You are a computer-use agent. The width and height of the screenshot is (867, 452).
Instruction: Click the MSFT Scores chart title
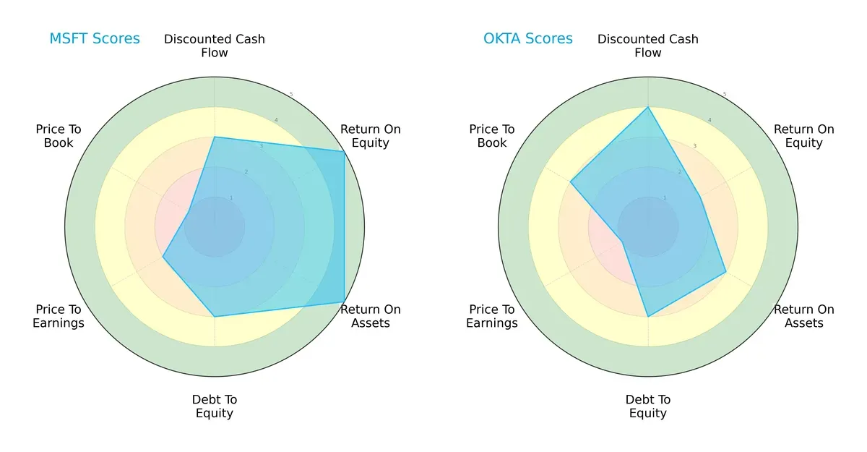tap(95, 39)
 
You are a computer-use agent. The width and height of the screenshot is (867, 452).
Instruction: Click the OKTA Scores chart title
tap(528, 39)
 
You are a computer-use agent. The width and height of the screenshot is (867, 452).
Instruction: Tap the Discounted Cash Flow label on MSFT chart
tap(215, 46)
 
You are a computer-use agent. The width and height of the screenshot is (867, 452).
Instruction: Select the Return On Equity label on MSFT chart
tap(371, 136)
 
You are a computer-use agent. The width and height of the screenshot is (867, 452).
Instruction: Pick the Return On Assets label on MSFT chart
tap(371, 316)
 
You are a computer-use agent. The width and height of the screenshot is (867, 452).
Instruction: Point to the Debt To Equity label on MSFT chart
tap(215, 406)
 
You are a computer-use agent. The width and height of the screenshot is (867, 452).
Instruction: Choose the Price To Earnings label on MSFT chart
tap(59, 316)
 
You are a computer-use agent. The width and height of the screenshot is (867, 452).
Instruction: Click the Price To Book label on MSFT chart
tap(59, 136)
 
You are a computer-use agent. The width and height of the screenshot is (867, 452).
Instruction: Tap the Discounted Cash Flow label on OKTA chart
tap(648, 46)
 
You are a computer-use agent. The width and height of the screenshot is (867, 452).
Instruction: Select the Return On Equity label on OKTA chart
tap(804, 136)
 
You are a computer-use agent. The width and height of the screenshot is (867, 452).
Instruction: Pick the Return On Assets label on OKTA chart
tap(804, 316)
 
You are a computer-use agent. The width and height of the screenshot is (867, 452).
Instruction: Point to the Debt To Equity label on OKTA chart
tap(648, 406)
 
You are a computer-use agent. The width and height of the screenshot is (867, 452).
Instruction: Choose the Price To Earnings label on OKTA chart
tap(492, 316)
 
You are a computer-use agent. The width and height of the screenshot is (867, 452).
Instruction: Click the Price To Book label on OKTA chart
tap(492, 136)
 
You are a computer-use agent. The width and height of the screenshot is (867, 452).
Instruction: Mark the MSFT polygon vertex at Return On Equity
tap(344, 151)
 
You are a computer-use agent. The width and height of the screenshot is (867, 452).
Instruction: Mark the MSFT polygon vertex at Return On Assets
tap(344, 302)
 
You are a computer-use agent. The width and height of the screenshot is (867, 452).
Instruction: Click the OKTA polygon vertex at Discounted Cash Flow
tap(648, 107)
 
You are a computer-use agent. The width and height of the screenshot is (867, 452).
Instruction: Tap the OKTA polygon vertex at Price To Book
tap(571, 182)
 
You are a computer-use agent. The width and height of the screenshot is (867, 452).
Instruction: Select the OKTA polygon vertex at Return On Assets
tap(725, 272)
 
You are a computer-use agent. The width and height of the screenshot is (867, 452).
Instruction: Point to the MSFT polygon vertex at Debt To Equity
tap(215, 316)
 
